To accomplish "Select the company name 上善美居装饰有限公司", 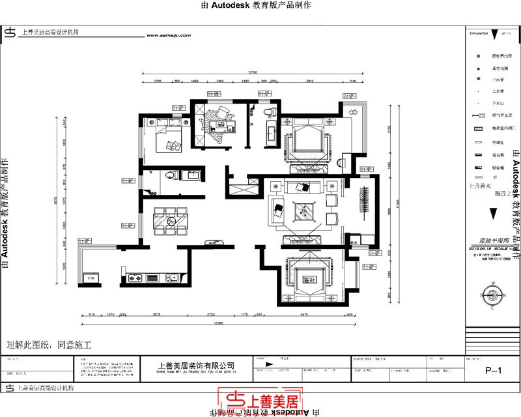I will pyautogui.click(x=196, y=366).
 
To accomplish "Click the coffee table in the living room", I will pyautogui.click(x=302, y=211).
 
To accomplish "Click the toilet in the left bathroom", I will pyautogui.click(x=169, y=175).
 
